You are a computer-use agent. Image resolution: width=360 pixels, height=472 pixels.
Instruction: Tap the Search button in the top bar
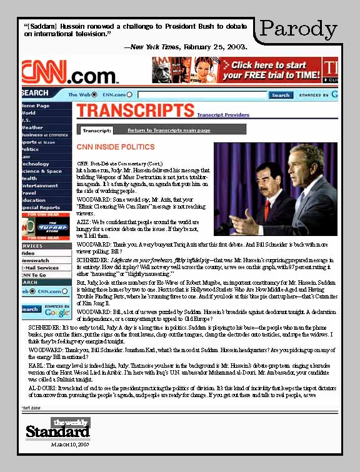(x=280, y=95)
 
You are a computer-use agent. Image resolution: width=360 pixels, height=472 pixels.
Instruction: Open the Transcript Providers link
(x=223, y=116)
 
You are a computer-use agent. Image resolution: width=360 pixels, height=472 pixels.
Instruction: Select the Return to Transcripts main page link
(x=169, y=130)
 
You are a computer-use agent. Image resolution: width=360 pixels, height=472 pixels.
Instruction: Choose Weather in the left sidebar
(x=33, y=127)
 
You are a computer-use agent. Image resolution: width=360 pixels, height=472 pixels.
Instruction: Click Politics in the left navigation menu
(x=30, y=149)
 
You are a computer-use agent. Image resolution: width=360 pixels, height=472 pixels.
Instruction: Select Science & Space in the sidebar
(x=41, y=171)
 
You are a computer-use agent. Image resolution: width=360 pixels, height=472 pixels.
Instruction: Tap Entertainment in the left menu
(x=39, y=185)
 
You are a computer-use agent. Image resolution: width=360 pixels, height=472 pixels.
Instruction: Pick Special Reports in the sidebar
(x=41, y=207)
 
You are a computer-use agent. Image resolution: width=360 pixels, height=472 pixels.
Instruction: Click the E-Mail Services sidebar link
(x=41, y=268)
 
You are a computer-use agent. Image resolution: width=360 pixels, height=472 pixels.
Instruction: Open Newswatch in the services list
(x=36, y=261)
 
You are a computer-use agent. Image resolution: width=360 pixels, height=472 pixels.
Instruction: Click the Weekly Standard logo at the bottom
(x=58, y=429)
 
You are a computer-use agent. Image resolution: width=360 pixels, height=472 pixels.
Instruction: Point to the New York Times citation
(x=186, y=47)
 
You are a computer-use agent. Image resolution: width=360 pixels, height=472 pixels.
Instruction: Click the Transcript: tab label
(x=97, y=130)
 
